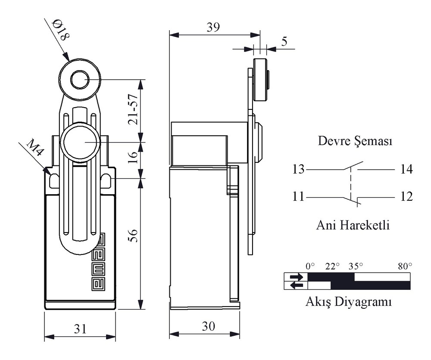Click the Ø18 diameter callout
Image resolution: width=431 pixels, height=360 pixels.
tap(61, 30)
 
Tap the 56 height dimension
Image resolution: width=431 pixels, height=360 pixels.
tap(133, 235)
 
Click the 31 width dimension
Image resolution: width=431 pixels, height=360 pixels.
tap(80, 329)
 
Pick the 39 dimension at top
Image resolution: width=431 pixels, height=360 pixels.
tap(213, 27)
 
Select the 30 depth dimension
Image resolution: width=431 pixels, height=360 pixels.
tap(208, 326)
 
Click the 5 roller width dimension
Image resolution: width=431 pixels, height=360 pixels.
tap(284, 41)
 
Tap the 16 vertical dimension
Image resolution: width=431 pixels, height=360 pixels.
tap(133, 157)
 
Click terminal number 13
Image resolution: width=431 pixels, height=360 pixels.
tap(299, 169)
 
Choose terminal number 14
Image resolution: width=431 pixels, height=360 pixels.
tap(406, 169)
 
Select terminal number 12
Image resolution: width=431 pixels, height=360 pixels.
tap(406, 197)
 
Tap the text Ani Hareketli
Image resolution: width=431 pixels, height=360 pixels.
tap(353, 225)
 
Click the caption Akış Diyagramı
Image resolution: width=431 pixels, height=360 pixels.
tap(349, 302)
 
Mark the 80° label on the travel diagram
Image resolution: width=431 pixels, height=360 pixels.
tap(405, 266)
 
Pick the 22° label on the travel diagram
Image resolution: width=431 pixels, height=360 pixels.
tap(332, 266)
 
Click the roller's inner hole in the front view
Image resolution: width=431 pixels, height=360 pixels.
tap(79, 80)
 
